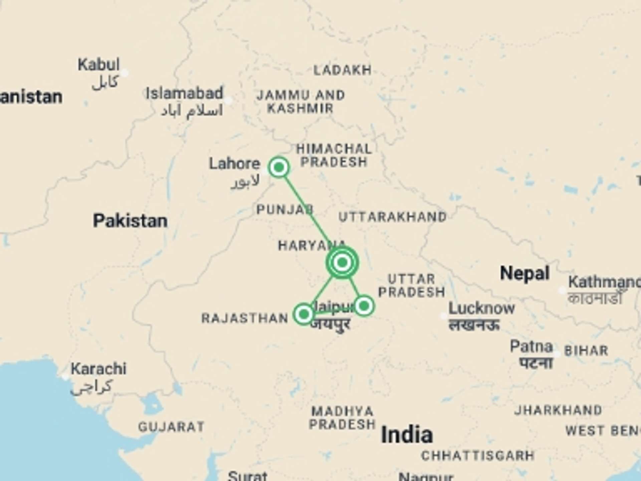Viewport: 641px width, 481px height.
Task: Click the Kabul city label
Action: [x=98, y=64]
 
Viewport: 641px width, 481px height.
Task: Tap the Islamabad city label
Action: [x=184, y=94]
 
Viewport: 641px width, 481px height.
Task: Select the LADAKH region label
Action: [x=343, y=70]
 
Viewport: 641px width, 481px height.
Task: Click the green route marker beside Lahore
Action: [x=279, y=167]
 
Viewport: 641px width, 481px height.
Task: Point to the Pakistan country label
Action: [x=130, y=221]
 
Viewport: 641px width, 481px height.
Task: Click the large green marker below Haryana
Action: [x=342, y=263]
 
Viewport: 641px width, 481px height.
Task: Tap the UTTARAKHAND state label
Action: [x=393, y=217]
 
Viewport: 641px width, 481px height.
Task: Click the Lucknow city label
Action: [x=481, y=309]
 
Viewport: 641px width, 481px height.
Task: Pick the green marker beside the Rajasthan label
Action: [x=304, y=314]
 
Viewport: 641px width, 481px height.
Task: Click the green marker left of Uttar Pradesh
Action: [x=364, y=306]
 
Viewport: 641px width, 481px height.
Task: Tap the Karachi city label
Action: [x=98, y=369]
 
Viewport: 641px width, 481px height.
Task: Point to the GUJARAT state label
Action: [x=171, y=427]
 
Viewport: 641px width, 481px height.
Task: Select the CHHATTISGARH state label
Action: [x=478, y=456]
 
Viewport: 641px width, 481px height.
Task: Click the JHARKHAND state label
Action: [x=558, y=410]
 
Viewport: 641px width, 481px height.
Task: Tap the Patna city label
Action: [x=531, y=347]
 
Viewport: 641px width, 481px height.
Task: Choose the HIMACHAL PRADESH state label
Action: [x=334, y=155]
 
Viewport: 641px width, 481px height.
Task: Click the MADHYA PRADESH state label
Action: [x=342, y=418]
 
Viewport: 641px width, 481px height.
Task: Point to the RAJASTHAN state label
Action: [x=245, y=318]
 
